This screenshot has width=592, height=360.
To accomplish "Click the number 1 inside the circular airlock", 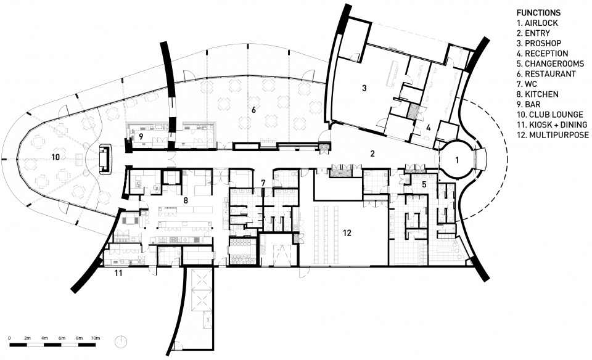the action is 457,160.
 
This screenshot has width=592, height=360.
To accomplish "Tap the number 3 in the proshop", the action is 364,88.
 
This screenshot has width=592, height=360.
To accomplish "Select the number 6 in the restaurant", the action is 253,110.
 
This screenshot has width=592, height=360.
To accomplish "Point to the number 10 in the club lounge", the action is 55,157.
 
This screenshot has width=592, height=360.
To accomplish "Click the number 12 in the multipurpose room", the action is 347,233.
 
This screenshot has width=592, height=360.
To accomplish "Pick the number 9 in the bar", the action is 141,137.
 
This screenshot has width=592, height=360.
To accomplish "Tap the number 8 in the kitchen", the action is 186,200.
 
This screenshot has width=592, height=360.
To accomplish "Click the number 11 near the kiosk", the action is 118,273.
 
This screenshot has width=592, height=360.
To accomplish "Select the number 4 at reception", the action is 428,128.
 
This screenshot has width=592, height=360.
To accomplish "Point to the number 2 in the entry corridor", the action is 372,153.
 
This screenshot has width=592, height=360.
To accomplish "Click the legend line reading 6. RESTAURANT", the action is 546,74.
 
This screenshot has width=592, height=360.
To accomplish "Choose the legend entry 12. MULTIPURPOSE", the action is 553,135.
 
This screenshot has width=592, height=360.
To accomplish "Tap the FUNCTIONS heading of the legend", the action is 538,13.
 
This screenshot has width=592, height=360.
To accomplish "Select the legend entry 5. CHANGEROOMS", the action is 551,63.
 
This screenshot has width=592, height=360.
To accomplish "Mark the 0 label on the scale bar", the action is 9,338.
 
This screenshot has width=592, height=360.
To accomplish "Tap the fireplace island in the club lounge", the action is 105,160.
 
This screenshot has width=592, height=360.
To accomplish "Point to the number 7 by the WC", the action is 263,182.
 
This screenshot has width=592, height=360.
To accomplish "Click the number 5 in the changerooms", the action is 424,184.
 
